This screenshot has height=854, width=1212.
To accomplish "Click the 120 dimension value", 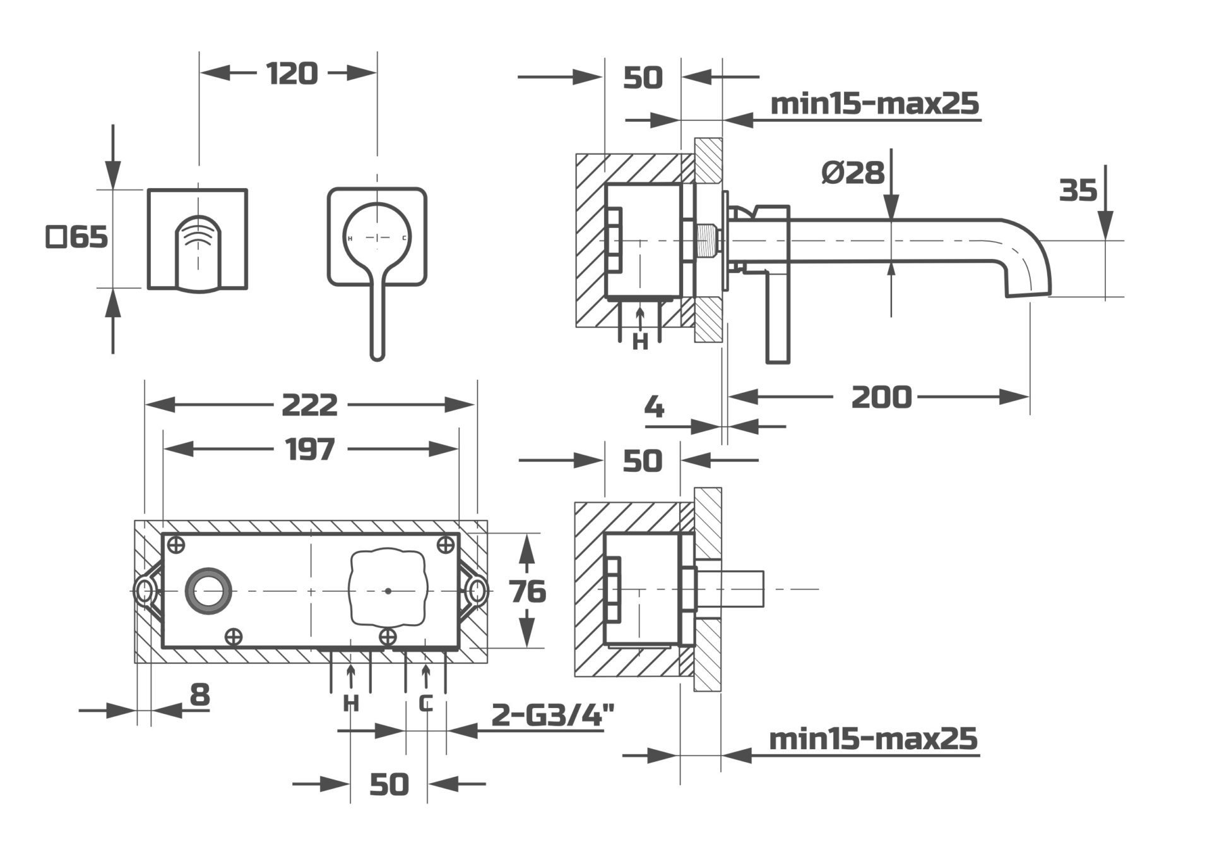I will click(292, 73).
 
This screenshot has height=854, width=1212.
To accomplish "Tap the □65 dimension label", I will click(77, 238).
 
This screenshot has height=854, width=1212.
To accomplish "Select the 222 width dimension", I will click(309, 405).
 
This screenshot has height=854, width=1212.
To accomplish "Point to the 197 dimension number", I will click(309, 450).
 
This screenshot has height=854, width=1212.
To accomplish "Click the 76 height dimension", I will click(528, 592).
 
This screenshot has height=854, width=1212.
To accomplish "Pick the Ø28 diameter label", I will click(853, 172).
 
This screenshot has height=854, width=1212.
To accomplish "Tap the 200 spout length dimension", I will click(881, 397).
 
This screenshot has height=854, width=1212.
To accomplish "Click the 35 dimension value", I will click(1078, 190).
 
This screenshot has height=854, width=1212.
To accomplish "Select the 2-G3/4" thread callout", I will click(553, 715).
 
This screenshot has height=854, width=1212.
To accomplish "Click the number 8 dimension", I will click(199, 695).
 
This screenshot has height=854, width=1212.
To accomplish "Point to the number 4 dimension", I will click(655, 407).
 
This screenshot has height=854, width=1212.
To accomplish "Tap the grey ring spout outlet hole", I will click(208, 591).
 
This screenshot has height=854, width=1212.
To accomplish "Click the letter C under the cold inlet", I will click(427, 702).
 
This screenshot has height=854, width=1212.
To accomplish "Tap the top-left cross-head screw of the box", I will click(177, 544).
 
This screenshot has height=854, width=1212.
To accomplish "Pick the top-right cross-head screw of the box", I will click(446, 544).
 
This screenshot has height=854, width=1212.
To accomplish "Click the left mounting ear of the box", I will click(145, 591).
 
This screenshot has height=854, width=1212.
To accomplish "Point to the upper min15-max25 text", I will click(874, 103).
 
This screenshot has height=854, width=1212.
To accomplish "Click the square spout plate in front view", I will click(197, 239).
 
